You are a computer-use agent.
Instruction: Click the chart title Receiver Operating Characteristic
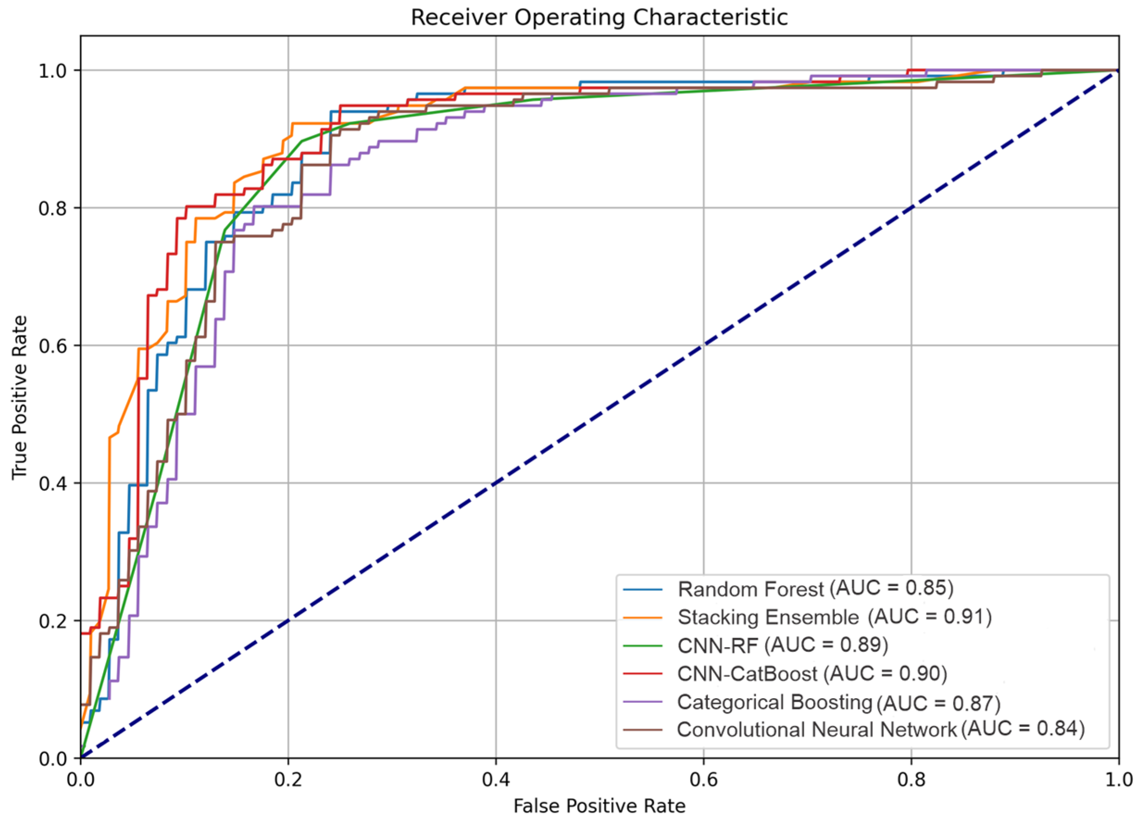tap(599, 18)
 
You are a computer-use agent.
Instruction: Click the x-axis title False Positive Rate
tap(599, 806)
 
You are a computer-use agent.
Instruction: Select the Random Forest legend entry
tap(750, 589)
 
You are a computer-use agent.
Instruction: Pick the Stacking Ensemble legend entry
tap(768, 617)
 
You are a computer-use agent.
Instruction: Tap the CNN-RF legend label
tap(717, 646)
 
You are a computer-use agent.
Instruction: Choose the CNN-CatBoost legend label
tap(747, 674)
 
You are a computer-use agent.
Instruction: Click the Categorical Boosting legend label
tap(774, 702)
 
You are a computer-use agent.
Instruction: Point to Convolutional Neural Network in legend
tap(816, 730)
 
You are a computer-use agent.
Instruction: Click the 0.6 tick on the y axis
tap(52, 345)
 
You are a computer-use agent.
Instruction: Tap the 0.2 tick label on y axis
tap(52, 620)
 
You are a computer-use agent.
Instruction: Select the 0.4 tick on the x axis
tap(496, 779)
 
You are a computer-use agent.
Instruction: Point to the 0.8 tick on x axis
tap(911, 779)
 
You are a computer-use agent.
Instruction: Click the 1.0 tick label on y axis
tap(52, 70)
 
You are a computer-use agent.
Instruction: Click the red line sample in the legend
tap(643, 673)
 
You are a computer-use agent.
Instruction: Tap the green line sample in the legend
tap(643, 645)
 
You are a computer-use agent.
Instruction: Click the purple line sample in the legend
tap(643, 701)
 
